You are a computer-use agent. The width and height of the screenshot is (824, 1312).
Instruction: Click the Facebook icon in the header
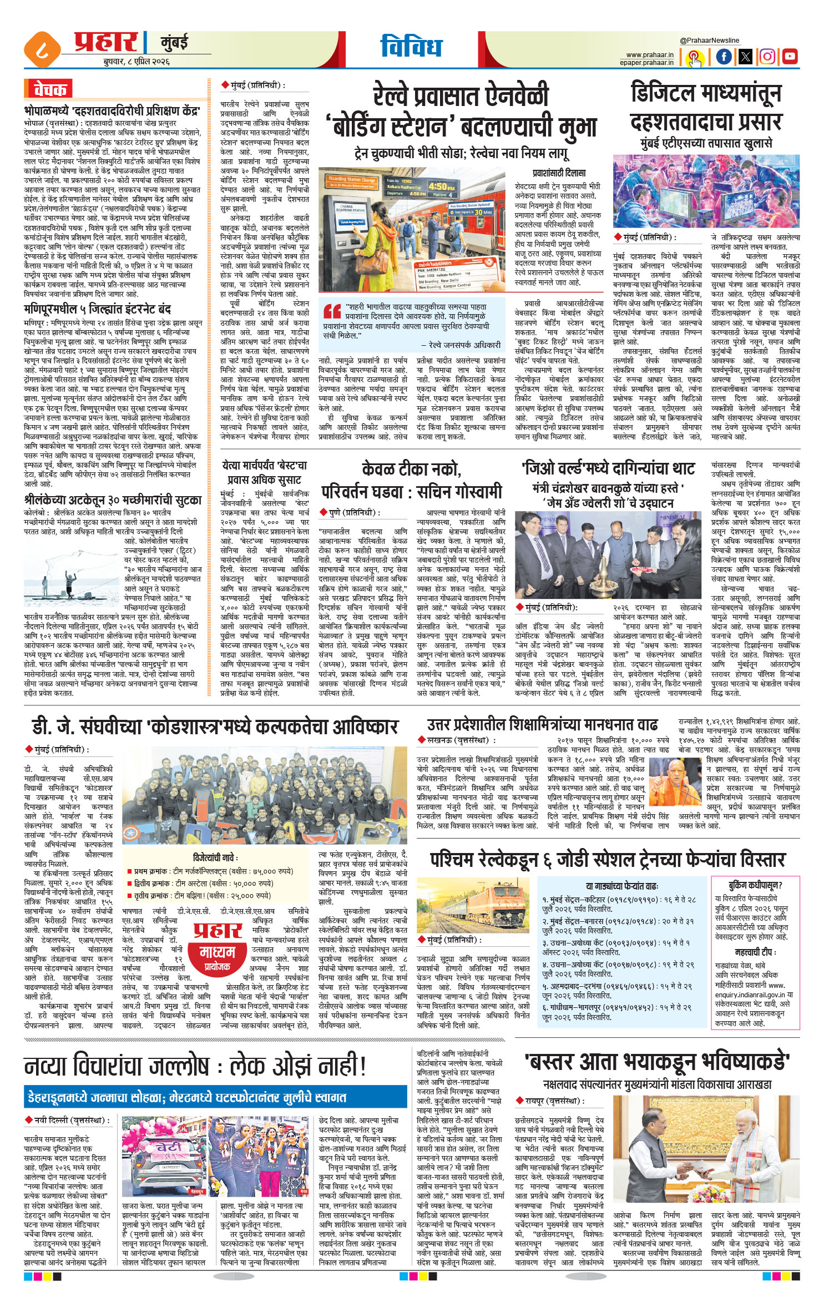(x=724, y=56)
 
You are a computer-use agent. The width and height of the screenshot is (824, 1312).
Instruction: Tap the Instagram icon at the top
(x=767, y=56)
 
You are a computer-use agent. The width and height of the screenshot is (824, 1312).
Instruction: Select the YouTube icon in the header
(x=790, y=56)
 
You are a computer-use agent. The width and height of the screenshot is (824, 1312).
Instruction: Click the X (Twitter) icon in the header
(x=745, y=56)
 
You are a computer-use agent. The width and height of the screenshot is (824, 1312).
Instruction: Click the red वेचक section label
(x=49, y=89)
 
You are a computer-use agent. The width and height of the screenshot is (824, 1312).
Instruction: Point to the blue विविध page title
(x=411, y=47)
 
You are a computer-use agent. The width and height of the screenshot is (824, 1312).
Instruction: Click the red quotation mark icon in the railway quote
(x=332, y=311)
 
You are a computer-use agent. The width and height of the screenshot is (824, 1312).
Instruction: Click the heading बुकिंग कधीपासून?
(x=755, y=885)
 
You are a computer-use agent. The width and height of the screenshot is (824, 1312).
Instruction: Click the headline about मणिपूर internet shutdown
(x=97, y=309)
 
